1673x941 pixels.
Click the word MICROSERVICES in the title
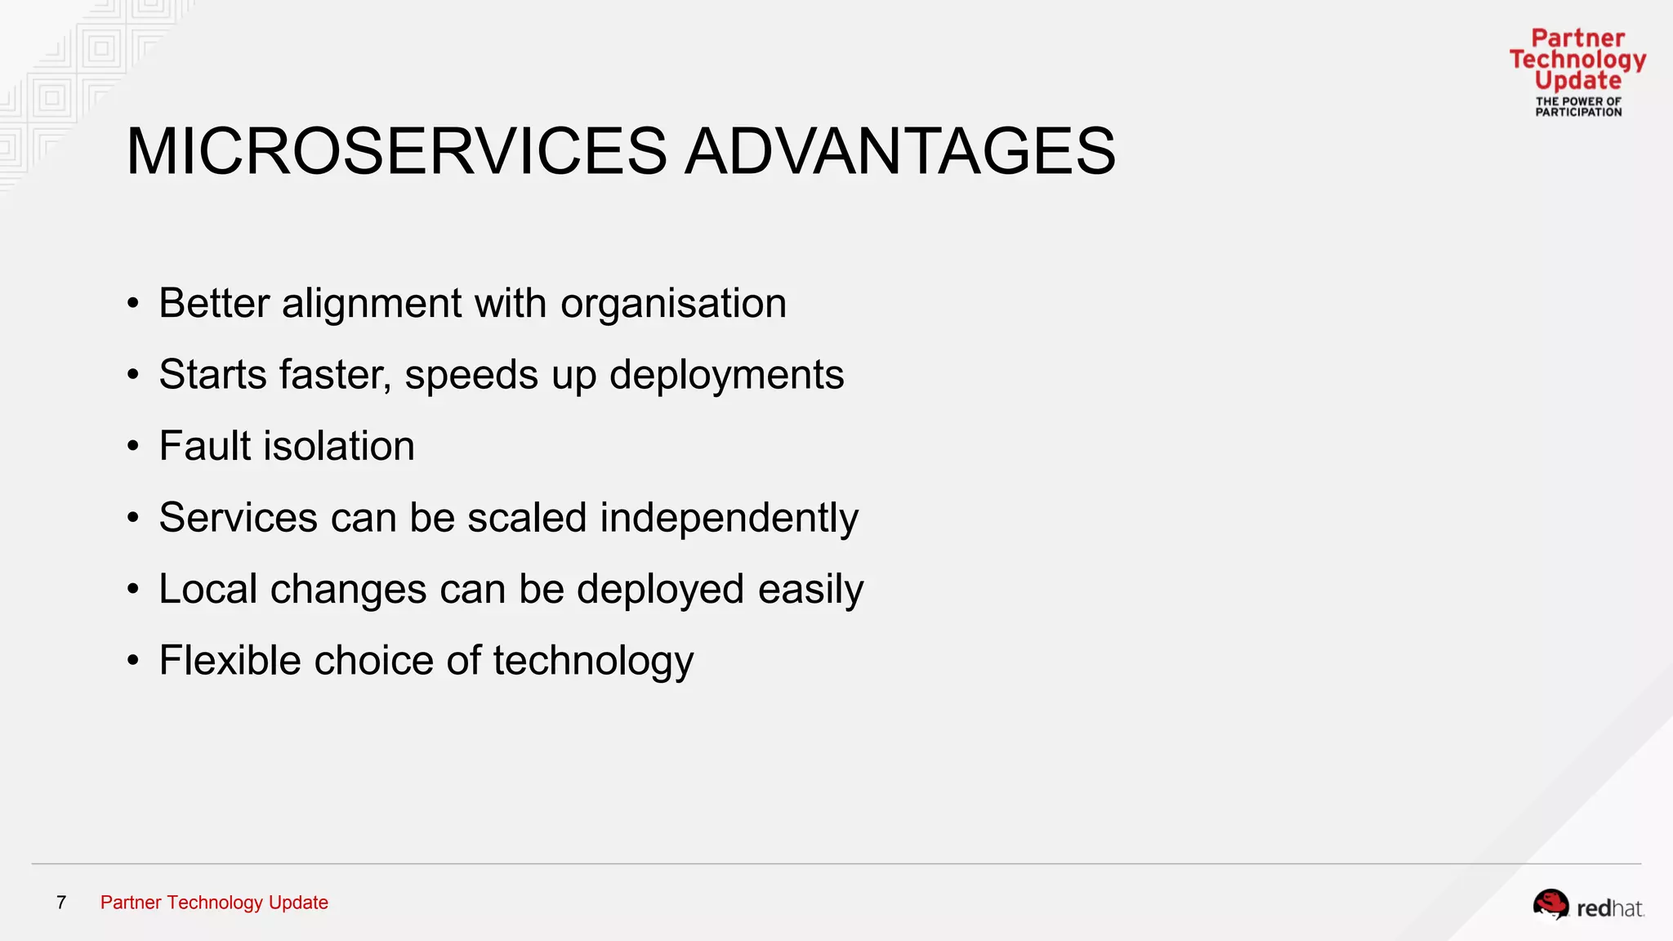pos(396,151)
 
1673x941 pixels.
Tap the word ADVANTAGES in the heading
pos(899,151)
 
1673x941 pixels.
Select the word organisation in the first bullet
pos(673,305)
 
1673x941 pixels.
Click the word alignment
pos(372,305)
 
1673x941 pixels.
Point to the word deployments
pos(726,376)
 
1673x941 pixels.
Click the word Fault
pos(205,446)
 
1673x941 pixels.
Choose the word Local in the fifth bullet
pos(207,589)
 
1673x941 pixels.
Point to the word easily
pos(810,590)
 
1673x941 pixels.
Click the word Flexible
pos(230,660)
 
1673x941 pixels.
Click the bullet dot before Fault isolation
pos(133,447)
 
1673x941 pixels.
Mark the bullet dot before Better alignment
pos(133,304)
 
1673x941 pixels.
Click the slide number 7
pos(61,903)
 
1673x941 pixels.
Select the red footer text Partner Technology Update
pos(214,903)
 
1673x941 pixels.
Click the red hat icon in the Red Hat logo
pos(1550,904)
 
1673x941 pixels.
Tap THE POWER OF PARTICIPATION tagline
pos(1578,107)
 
